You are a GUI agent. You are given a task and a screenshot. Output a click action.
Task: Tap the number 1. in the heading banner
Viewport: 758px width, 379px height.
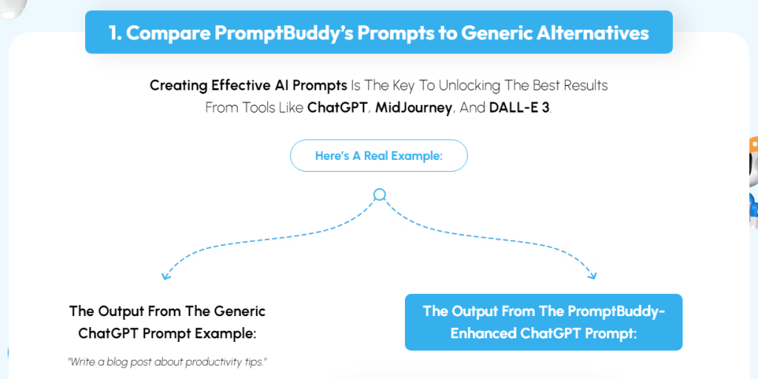click(x=115, y=33)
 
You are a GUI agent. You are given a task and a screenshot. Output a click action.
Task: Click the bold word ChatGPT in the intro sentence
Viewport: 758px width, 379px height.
click(x=337, y=107)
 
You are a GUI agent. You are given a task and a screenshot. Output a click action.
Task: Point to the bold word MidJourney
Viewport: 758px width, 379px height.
click(x=413, y=107)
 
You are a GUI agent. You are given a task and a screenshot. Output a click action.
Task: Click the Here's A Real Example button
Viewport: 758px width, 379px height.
click(x=378, y=156)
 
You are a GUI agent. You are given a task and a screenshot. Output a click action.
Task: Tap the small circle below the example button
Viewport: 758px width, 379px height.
click(x=380, y=195)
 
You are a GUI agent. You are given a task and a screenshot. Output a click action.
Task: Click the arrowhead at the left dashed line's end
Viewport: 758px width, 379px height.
click(x=166, y=276)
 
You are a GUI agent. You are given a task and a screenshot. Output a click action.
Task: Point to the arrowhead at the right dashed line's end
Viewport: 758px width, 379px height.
click(x=591, y=276)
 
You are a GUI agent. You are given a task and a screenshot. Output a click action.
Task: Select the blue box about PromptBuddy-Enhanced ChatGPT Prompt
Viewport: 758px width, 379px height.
click(x=543, y=322)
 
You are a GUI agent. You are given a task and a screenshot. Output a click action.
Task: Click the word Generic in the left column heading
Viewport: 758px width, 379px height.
click(x=239, y=311)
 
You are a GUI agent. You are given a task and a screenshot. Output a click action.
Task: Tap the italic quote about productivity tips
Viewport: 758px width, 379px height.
click(x=167, y=362)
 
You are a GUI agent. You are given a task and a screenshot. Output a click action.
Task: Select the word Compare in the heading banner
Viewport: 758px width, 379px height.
click(x=170, y=33)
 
